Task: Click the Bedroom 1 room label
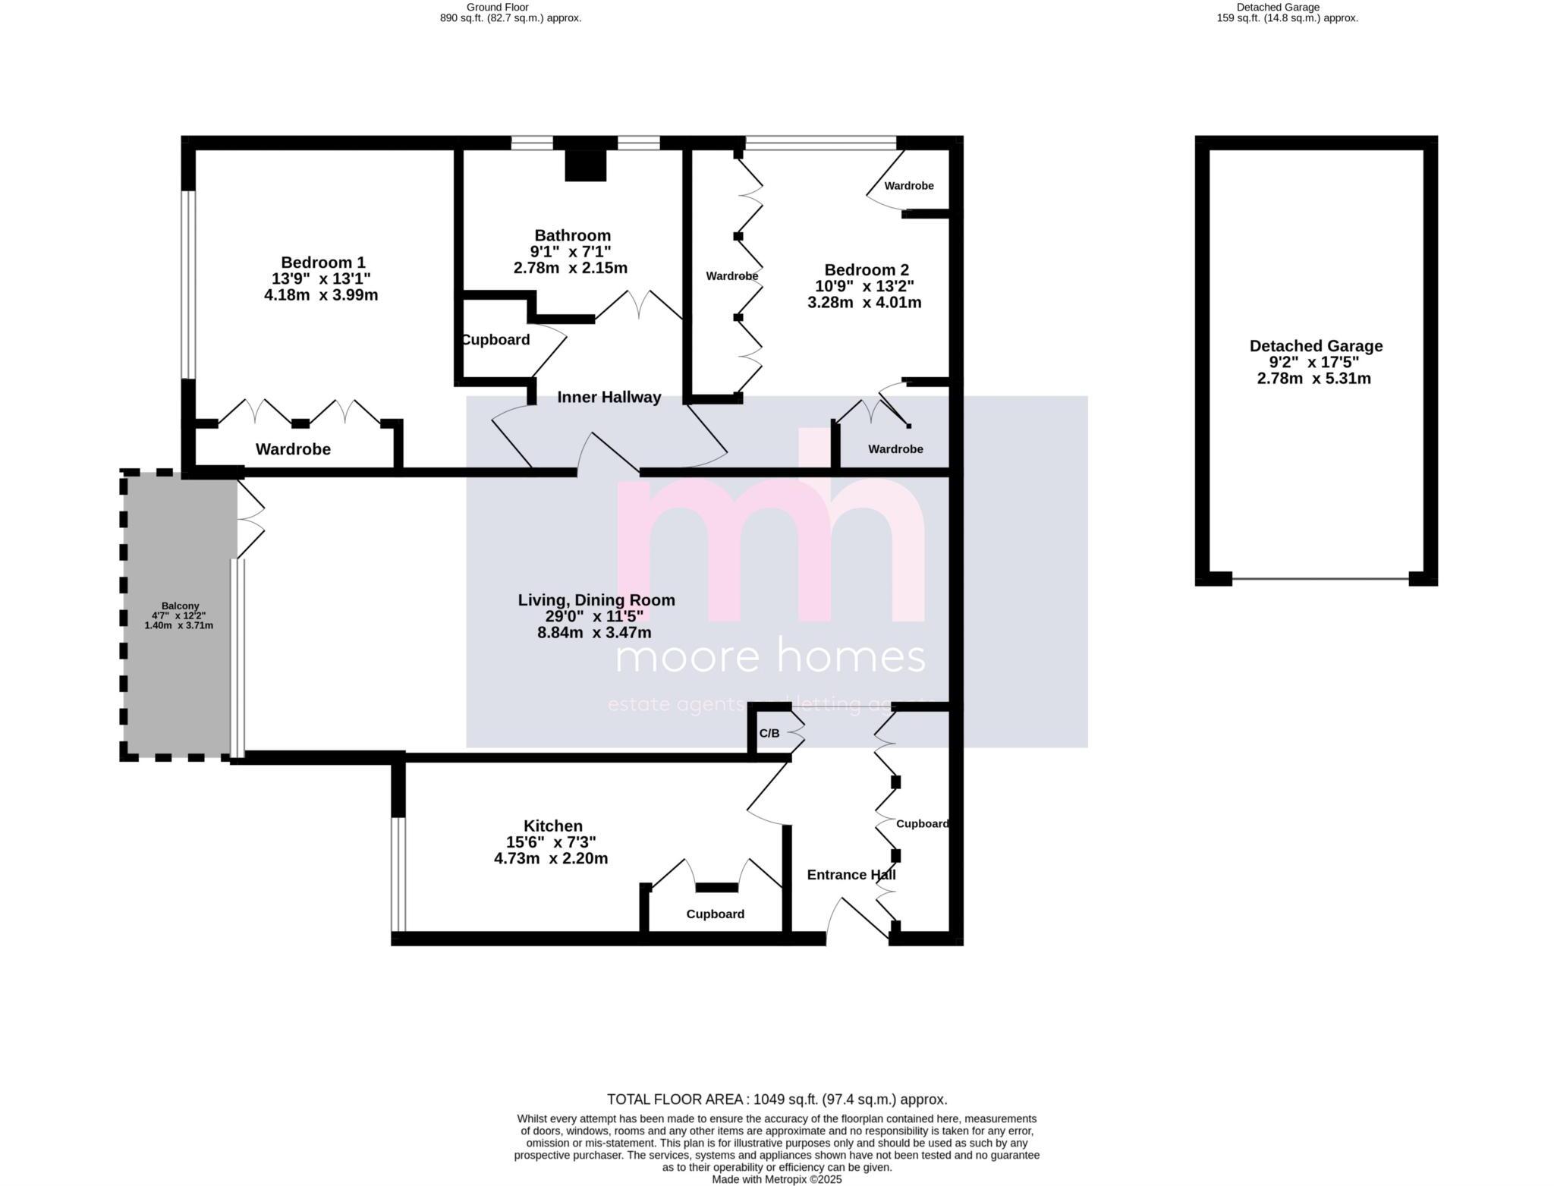coord(322,263)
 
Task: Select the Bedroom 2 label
coord(866,270)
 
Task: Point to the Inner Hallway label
coord(609,398)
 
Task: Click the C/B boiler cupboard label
coord(769,734)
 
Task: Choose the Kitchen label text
coord(552,826)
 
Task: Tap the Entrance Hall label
coord(851,875)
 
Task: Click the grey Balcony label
coord(180,606)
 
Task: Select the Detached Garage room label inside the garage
coord(1315,346)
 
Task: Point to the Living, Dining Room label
coord(596,600)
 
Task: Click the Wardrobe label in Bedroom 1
coord(293,449)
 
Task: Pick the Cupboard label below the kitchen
coord(715,914)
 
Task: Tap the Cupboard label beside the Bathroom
coord(495,340)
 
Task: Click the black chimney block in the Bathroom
coord(585,165)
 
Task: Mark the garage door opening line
coord(1320,579)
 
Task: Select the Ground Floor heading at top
coord(497,8)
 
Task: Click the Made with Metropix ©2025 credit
coord(776,1180)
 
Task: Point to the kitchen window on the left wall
coord(398,874)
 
